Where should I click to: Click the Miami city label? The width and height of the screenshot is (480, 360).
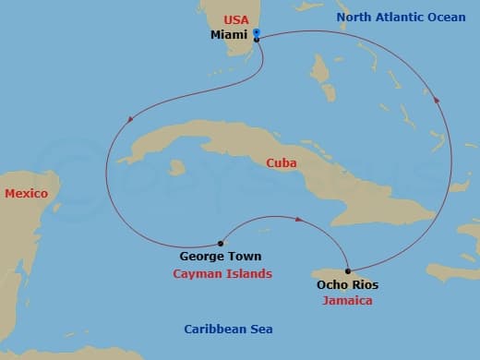(229, 35)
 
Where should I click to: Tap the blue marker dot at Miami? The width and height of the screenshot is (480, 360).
(256, 33)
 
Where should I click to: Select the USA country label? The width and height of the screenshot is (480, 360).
(236, 18)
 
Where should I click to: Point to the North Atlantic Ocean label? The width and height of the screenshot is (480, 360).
(401, 18)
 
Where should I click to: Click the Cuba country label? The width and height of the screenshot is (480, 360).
(281, 162)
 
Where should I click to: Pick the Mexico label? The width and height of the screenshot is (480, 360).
(26, 193)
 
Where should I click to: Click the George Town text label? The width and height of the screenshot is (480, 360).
(220, 257)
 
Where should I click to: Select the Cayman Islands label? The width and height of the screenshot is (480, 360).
(222, 274)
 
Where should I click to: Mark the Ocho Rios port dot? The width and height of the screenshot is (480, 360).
(348, 271)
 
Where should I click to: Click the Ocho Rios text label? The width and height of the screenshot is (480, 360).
(347, 285)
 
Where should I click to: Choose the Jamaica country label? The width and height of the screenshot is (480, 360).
(347, 301)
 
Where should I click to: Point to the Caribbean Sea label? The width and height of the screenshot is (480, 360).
(228, 330)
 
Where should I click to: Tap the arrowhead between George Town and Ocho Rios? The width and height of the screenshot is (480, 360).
(299, 220)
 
